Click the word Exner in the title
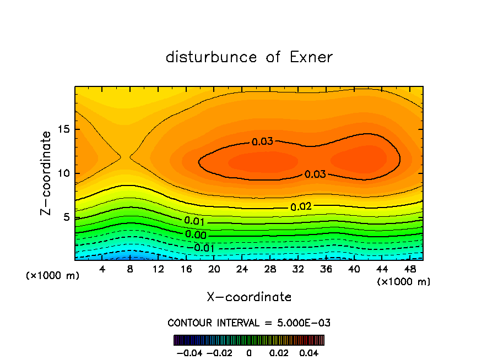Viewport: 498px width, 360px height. [x=311, y=57]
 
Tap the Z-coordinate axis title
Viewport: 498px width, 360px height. [x=47, y=173]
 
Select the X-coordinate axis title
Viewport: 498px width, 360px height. [x=249, y=297]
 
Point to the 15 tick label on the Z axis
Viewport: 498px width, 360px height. [x=62, y=129]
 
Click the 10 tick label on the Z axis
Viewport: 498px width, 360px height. [x=62, y=173]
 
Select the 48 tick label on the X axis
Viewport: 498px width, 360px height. [x=410, y=270]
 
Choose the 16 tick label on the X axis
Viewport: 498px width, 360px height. [x=186, y=270]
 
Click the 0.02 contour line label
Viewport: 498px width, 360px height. [x=301, y=207]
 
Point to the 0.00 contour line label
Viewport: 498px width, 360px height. [x=196, y=234]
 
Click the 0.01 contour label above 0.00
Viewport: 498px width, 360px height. [x=195, y=221]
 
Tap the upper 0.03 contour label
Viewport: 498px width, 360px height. [x=262, y=142]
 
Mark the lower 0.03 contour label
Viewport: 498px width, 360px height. [x=315, y=174]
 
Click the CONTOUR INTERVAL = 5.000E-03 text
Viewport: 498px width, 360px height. [x=249, y=323]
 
